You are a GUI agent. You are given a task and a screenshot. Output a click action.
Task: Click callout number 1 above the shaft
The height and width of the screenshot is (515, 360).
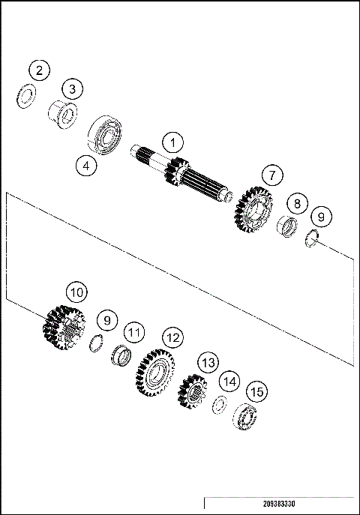pyautogui.click(x=173, y=142)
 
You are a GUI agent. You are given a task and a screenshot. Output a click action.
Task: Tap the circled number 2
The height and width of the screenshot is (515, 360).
pyautogui.click(x=39, y=71)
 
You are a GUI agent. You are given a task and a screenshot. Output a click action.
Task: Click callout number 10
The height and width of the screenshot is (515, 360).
pyautogui.click(x=76, y=291)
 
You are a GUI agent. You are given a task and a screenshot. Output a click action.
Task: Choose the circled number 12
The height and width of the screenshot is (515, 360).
pyautogui.click(x=173, y=338)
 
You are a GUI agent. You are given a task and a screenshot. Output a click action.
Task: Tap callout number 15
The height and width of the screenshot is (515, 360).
pyautogui.click(x=257, y=391)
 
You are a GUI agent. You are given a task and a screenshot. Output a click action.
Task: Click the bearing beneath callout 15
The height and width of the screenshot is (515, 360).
pyautogui.click(x=245, y=417)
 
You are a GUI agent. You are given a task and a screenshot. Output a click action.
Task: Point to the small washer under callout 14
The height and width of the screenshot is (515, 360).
pyautogui.click(x=219, y=404)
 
